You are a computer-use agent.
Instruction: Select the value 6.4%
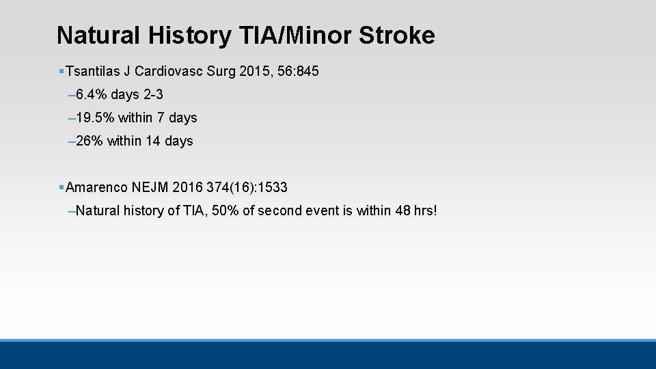[x=92, y=94]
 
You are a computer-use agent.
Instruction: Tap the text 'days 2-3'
[x=137, y=94]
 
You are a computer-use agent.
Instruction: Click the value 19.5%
[x=96, y=118]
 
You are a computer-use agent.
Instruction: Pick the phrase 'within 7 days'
[x=158, y=118]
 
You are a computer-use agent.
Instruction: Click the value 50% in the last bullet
[x=225, y=210]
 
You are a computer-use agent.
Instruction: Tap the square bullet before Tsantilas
[x=61, y=71]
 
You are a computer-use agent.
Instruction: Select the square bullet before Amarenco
[x=61, y=187]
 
